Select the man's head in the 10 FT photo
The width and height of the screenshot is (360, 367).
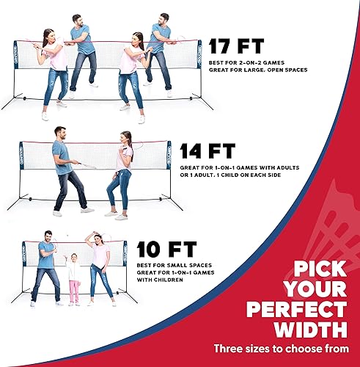click(x=48, y=236)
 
